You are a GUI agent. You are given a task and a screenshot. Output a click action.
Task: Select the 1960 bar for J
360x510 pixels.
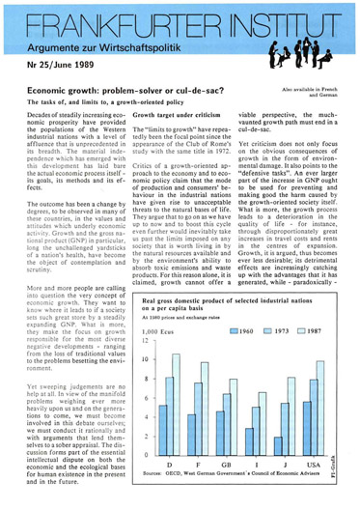273,435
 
